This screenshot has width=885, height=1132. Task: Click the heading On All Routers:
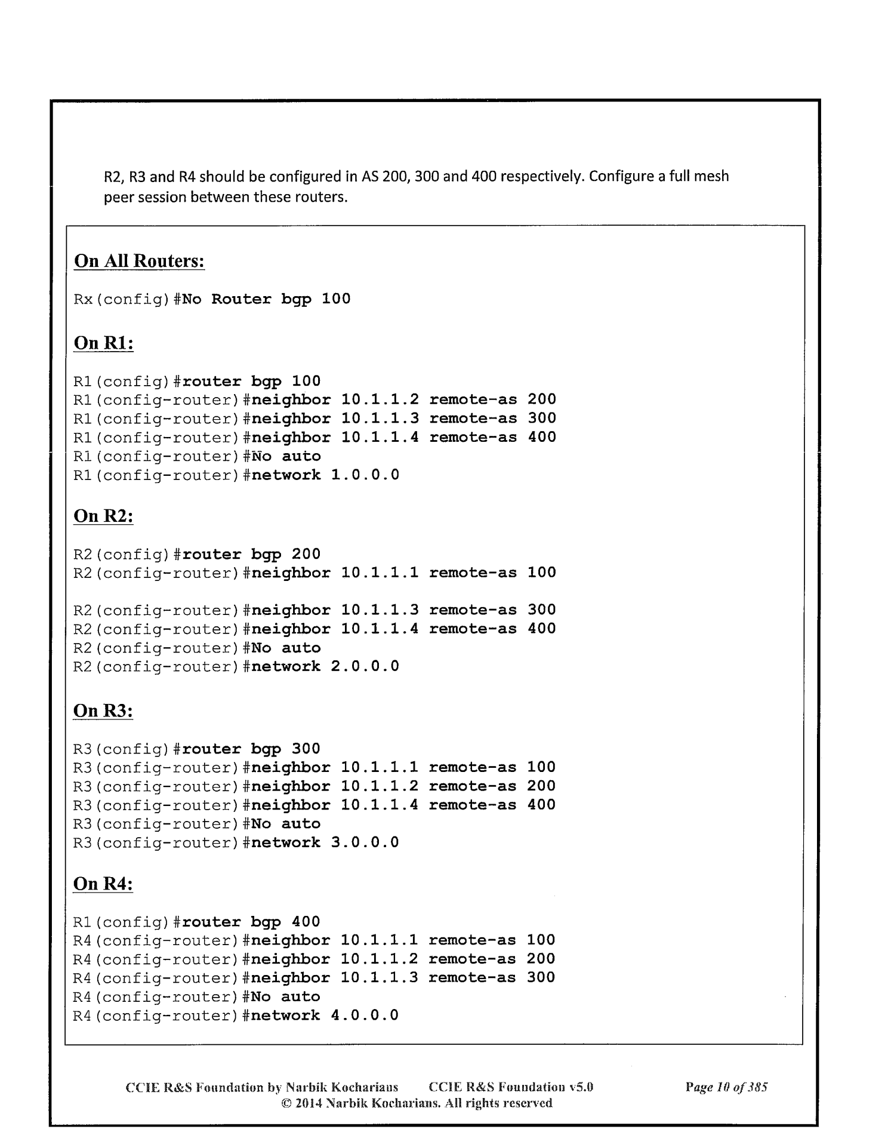tap(139, 262)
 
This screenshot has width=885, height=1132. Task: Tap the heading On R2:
tap(103, 516)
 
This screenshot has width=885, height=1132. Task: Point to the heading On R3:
tap(103, 711)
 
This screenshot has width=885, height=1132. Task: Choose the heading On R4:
tap(103, 884)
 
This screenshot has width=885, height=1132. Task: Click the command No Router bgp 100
tap(266, 299)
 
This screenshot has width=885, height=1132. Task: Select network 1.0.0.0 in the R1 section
tap(325, 475)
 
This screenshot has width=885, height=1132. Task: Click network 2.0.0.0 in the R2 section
tap(325, 666)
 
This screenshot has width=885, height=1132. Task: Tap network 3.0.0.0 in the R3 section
tap(325, 842)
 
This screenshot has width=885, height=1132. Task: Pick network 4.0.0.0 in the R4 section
tap(325, 1016)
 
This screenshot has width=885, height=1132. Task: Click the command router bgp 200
tap(251, 554)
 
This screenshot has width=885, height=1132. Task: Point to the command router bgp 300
tap(251, 749)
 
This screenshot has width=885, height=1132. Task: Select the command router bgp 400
tap(251, 922)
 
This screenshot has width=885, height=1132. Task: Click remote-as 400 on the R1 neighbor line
tap(492, 437)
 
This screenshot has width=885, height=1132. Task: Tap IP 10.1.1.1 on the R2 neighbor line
tap(380, 573)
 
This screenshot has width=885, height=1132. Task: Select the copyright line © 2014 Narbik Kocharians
tap(417, 1103)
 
